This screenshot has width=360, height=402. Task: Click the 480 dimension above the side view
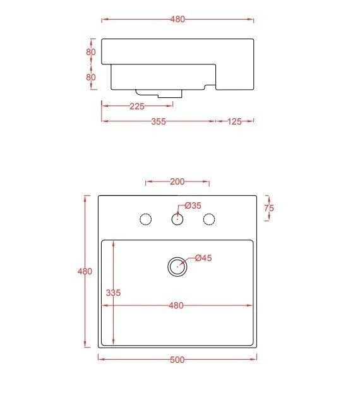pos(177,19)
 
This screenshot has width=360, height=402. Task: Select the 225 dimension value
pos(137,106)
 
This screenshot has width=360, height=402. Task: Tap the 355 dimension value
pos(159,121)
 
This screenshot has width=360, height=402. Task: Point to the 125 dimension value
pos(234,121)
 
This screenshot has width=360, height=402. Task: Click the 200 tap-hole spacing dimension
pos(177,181)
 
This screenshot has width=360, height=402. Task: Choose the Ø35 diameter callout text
pos(193,205)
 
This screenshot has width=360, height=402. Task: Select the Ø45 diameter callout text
pos(203,258)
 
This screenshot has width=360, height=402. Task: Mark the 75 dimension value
pos(269,208)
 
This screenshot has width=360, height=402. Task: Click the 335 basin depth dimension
pos(113,293)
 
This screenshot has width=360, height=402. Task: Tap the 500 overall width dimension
pos(177,360)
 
